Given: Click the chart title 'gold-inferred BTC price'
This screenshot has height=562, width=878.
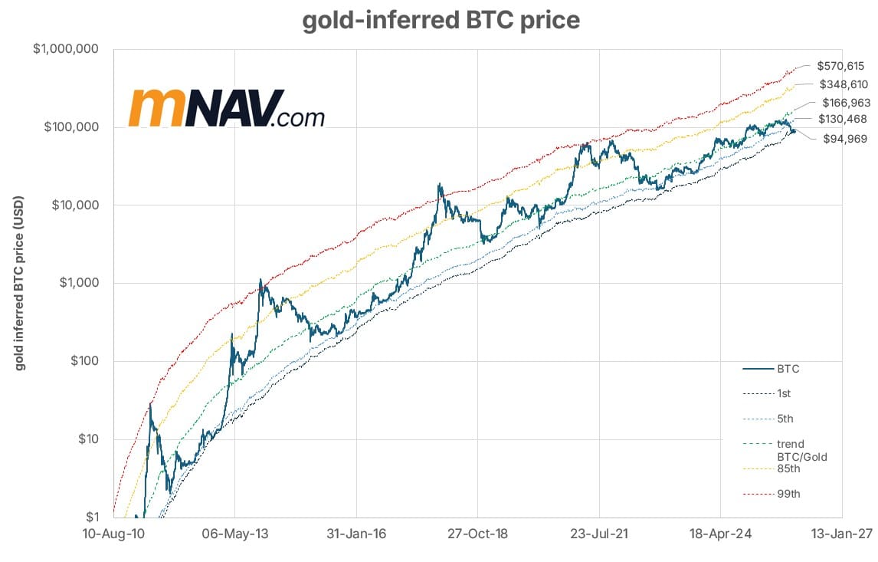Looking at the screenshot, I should pyautogui.click(x=441, y=21).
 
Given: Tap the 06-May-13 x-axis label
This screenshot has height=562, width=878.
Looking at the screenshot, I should pyautogui.click(x=234, y=534).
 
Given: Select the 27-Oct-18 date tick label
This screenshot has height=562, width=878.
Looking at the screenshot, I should pyautogui.click(x=477, y=534).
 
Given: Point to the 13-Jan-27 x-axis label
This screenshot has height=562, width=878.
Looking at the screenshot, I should pyautogui.click(x=842, y=534).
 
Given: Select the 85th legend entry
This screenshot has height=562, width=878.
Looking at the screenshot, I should pyautogui.click(x=789, y=468).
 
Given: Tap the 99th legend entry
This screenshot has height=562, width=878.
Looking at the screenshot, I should pyautogui.click(x=789, y=494).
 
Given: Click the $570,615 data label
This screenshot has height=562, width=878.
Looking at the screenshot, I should pyautogui.click(x=840, y=67).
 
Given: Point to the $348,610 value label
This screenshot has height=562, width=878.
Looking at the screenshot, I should pyautogui.click(x=844, y=84).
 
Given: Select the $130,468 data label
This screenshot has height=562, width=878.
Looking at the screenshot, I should pyautogui.click(x=844, y=119).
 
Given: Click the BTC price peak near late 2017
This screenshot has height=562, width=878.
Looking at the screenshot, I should pyautogui.click(x=439, y=184).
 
